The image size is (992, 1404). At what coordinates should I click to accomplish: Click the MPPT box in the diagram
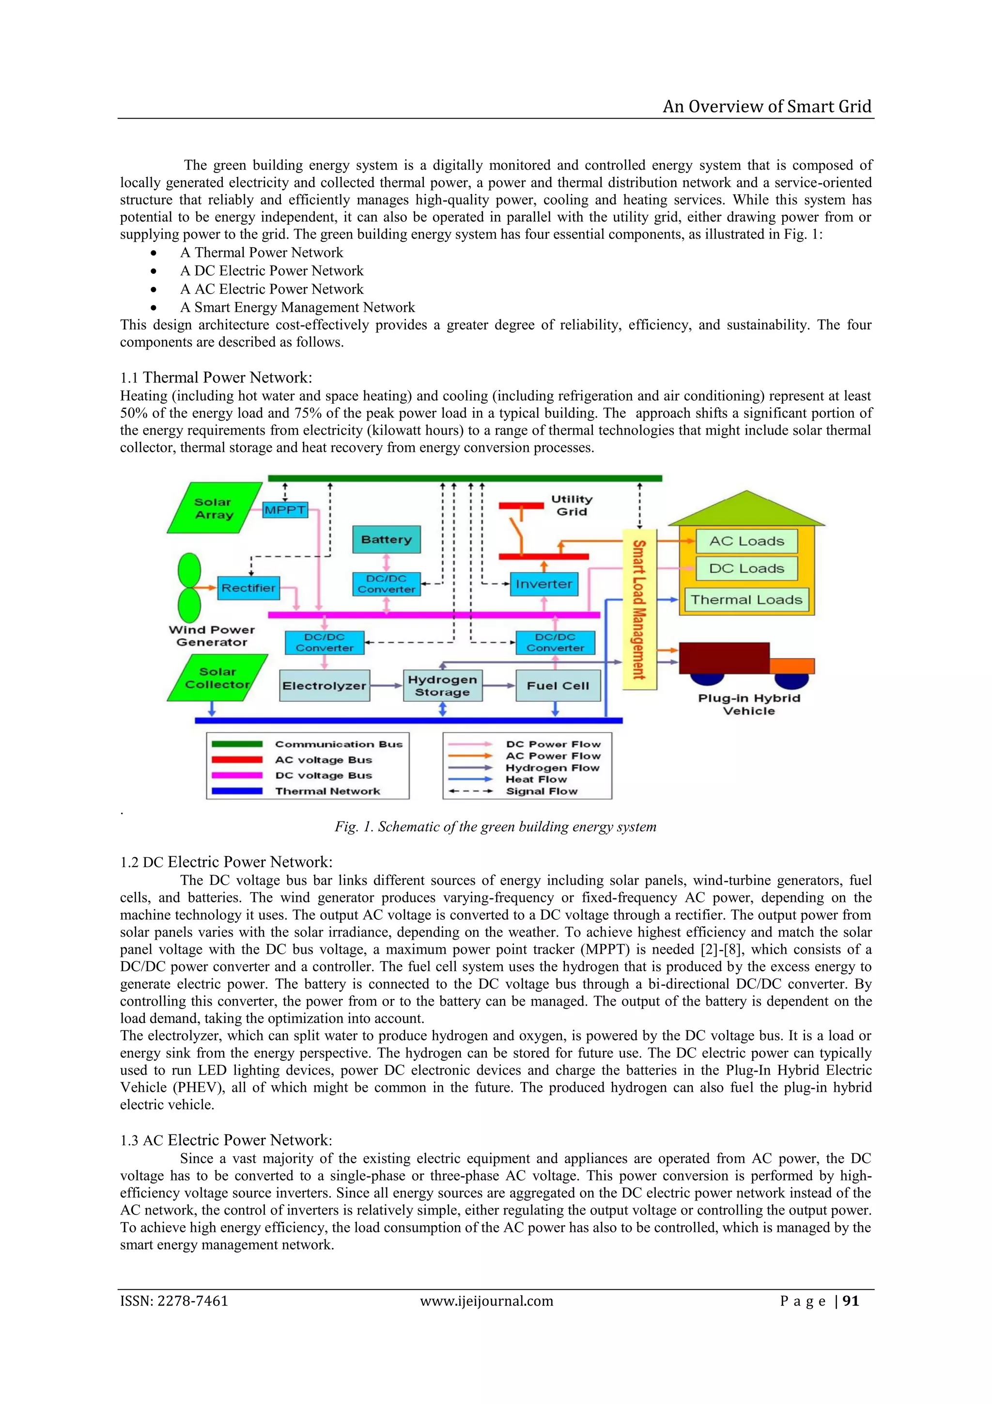click(285, 510)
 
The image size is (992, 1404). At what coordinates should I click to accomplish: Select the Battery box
click(386, 539)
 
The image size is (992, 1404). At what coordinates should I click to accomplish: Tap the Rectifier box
click(248, 588)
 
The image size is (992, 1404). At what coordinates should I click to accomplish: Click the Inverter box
click(543, 584)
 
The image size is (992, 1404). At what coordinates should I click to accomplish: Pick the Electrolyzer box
click(324, 685)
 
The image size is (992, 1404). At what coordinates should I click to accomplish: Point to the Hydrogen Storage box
click(443, 685)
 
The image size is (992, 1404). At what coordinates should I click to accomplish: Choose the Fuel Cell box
click(558, 685)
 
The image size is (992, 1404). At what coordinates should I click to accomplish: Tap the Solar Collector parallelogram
click(217, 678)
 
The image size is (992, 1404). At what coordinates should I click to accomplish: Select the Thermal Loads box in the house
click(746, 599)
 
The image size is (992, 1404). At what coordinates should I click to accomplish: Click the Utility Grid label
click(572, 505)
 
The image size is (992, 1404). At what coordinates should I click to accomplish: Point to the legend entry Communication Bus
click(339, 744)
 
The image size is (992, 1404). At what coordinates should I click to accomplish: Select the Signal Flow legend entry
click(541, 791)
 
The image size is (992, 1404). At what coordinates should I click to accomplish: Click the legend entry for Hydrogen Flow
click(552, 768)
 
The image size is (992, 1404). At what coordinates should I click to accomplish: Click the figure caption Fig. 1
click(495, 827)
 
